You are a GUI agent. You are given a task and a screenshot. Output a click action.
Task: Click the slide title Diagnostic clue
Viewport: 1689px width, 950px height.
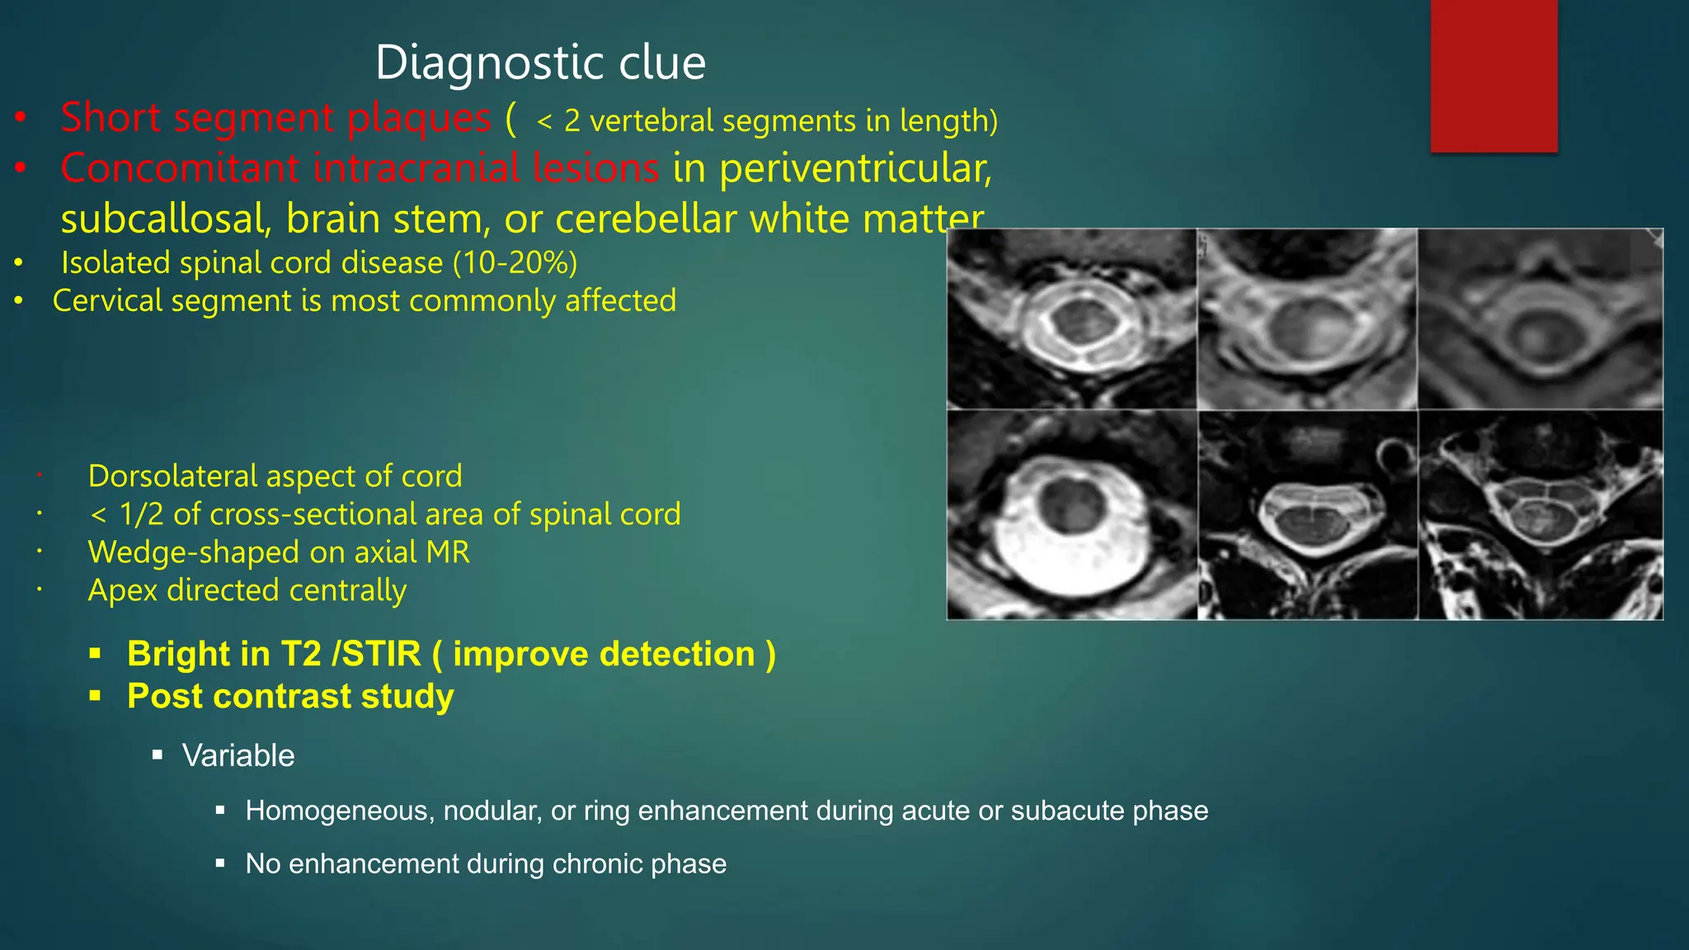click(x=540, y=63)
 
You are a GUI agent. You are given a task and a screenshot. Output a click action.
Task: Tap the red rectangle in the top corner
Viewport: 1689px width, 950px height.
click(x=1494, y=76)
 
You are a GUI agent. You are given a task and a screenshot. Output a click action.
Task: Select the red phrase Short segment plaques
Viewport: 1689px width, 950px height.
click(x=276, y=118)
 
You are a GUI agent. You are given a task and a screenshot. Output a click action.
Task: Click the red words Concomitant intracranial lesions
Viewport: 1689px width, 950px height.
click(x=360, y=169)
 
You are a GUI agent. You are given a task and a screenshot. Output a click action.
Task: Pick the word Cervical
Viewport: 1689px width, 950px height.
click(x=107, y=301)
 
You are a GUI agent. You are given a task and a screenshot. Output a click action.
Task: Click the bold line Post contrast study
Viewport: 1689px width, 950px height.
click(x=290, y=697)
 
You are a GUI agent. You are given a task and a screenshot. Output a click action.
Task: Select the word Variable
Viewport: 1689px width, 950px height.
click(x=238, y=756)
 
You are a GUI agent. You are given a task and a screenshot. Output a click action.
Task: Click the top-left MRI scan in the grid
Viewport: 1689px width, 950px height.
click(x=1071, y=319)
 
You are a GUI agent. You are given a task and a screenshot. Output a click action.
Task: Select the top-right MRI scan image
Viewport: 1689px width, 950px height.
click(x=1540, y=319)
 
